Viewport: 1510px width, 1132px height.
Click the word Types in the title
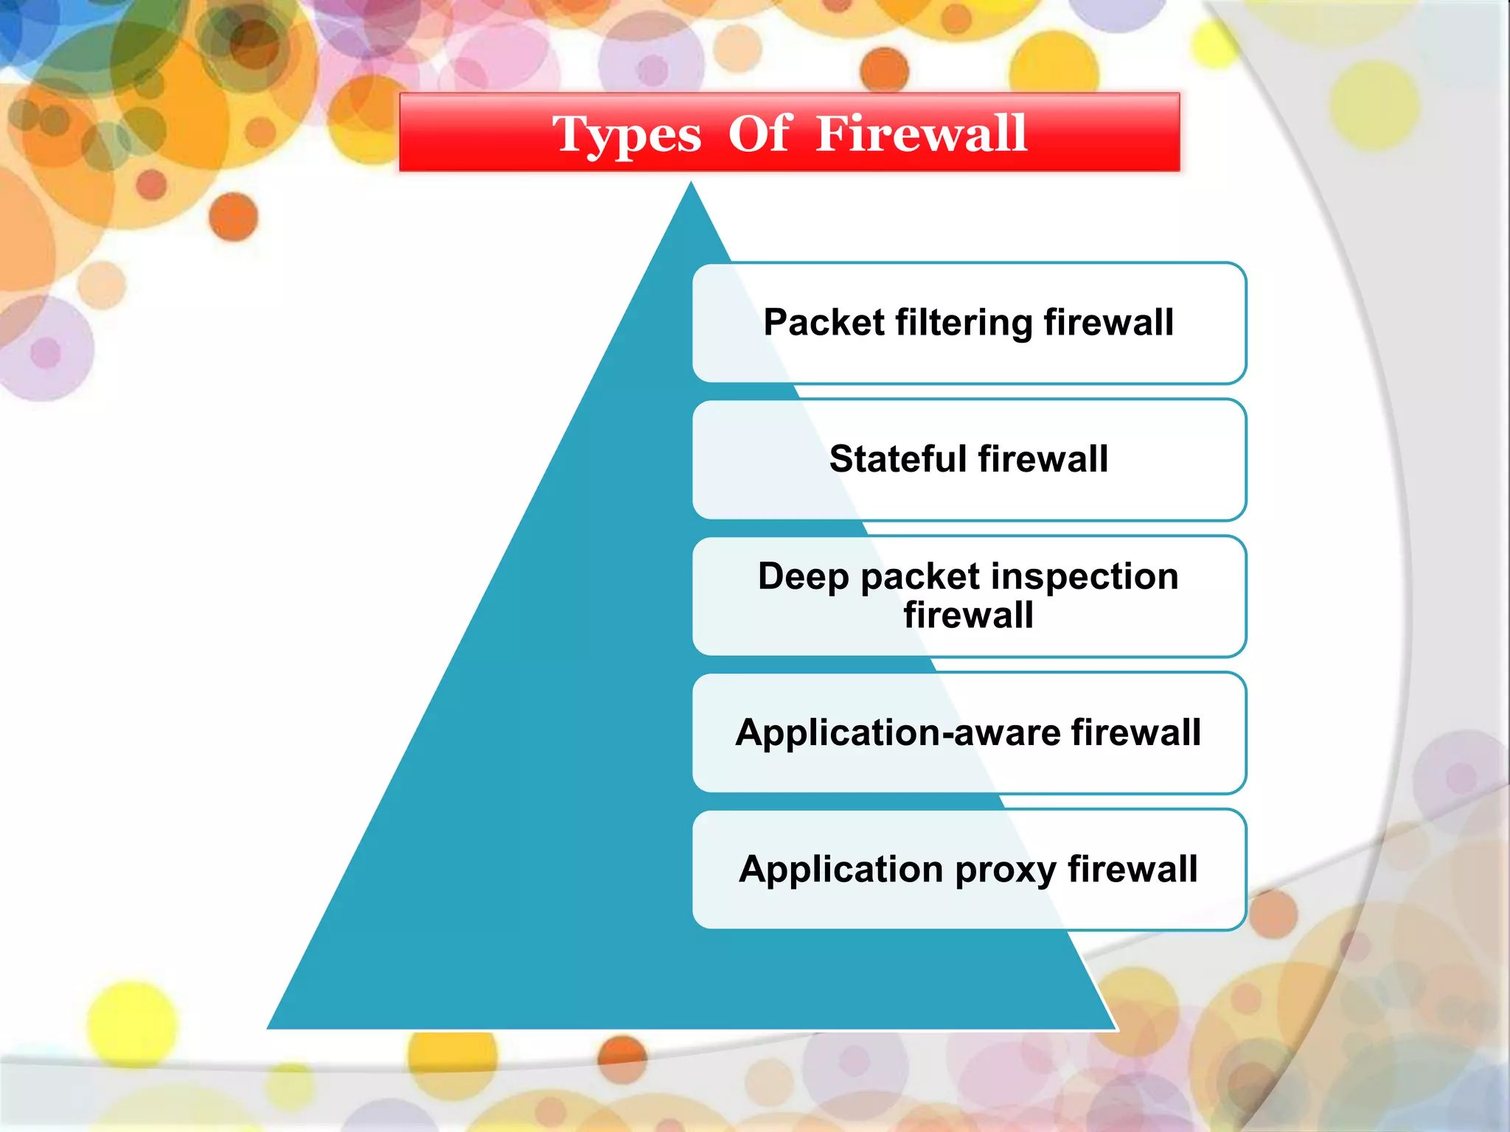(x=627, y=136)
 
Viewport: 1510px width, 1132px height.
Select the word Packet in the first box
(x=824, y=323)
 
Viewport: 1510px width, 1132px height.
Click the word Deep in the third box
(x=803, y=576)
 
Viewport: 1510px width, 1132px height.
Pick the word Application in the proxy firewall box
(x=841, y=869)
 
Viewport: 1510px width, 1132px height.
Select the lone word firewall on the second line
(x=968, y=615)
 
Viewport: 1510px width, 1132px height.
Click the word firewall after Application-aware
(x=1135, y=733)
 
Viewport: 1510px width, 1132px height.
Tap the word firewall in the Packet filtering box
(x=1108, y=323)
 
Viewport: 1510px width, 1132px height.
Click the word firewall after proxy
(x=1132, y=869)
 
